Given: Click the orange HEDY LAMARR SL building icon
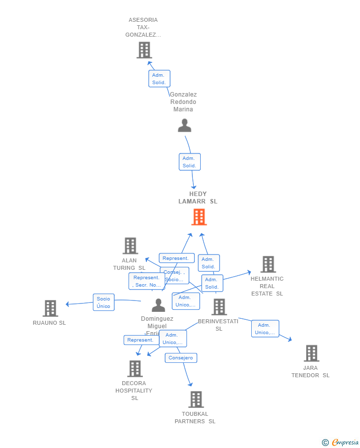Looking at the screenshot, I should pos(199,217).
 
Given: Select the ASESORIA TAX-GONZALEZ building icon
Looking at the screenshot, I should pos(144,50).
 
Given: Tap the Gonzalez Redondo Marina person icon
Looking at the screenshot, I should pos(184,125).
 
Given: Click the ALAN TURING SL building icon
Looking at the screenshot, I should pos(130,246).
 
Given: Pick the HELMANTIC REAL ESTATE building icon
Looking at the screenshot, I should pos(268,264).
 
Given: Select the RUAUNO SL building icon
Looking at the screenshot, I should pos(50,308).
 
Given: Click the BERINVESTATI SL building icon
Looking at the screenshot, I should pos(219,307).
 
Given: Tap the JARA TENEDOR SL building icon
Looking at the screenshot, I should pos(311,353).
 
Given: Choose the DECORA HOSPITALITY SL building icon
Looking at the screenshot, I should pos(135,369).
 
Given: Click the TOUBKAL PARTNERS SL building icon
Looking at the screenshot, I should pos(196,399).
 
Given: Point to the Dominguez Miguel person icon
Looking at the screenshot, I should pos(158,305).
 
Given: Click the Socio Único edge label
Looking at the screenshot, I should pos(103,302).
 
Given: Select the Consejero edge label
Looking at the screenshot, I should pos(180,358).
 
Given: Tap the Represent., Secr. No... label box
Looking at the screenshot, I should pos(146,281).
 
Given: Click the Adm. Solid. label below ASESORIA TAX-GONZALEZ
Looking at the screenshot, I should pos(159,79).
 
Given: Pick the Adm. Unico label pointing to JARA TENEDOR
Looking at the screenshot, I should pos(265,329).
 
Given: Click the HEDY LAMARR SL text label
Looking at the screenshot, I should pos(198,198).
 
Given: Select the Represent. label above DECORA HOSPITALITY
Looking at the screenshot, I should pos(140,340).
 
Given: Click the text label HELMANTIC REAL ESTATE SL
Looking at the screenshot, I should pos(267,286).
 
